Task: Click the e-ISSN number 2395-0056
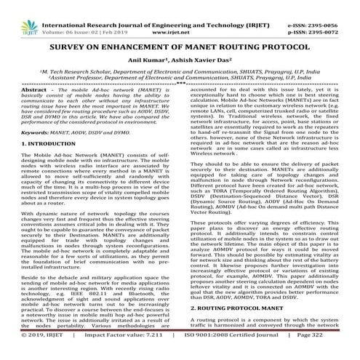coord(335,5)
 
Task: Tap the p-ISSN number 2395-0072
coord(335,13)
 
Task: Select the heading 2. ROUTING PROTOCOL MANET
coord(235,328)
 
